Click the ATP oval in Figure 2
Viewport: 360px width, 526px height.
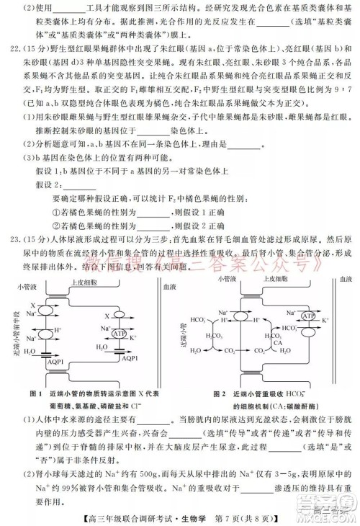[289, 316]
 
